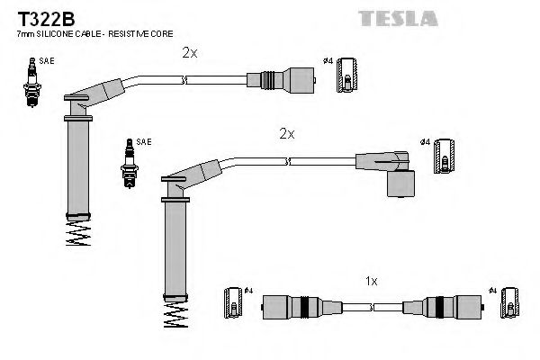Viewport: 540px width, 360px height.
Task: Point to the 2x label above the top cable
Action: pos(188,53)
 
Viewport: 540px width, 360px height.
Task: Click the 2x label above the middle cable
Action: pos(286,133)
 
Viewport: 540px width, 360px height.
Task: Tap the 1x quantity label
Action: pos(370,281)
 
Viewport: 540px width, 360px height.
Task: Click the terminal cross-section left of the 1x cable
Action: pos(231,306)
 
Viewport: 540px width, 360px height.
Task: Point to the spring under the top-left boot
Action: pos(78,235)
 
